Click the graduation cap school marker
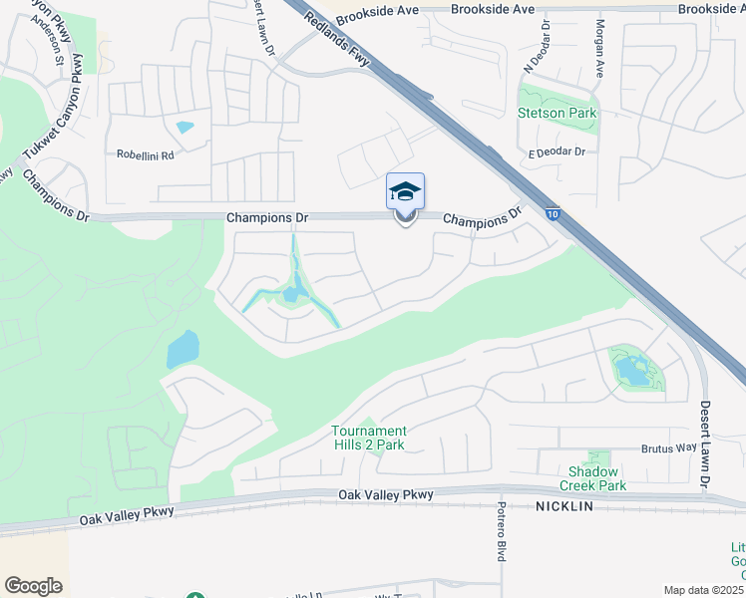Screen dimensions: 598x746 [x=405, y=191]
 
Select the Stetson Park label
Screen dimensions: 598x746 [x=558, y=114]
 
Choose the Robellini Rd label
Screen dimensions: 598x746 [x=145, y=155]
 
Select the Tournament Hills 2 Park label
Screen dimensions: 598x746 [x=368, y=438]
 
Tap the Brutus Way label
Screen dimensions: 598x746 [x=668, y=448]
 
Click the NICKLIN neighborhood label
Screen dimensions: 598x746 [x=563, y=506]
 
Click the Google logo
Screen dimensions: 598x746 [x=33, y=586]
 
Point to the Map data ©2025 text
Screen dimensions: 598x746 [x=702, y=590]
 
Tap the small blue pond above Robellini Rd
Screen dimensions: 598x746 [x=186, y=128]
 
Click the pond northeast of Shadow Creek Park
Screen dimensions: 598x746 [x=632, y=371]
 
